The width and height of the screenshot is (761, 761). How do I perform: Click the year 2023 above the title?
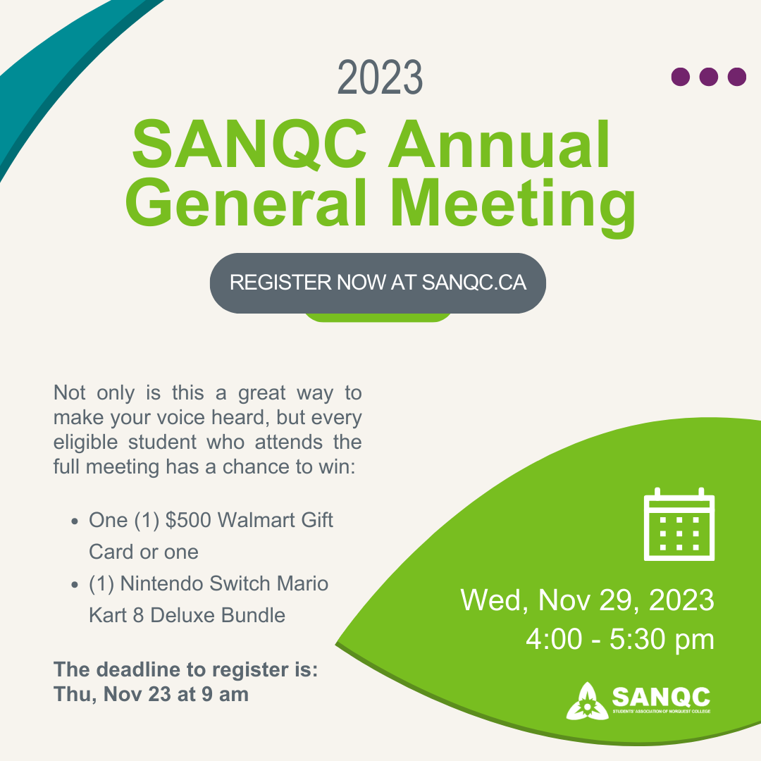pos(380,78)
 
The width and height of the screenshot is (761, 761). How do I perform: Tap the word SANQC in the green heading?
pos(249,144)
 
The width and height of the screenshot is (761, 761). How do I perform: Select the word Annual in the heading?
pos(500,144)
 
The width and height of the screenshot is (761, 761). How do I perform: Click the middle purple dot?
pos(709,77)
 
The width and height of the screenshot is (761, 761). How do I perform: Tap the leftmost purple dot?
pos(681,77)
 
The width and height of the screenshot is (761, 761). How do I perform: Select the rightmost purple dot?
pos(737,77)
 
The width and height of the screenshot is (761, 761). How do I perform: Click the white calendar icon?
pos(679,524)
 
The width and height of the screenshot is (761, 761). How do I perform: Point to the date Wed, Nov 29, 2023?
pos(587,601)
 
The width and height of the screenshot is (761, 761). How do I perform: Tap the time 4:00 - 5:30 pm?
pos(620,640)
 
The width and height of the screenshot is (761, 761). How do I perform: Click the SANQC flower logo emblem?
pos(587,701)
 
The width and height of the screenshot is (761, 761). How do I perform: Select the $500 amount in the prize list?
pos(188,520)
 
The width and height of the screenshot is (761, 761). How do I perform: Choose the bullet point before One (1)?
pos(74,521)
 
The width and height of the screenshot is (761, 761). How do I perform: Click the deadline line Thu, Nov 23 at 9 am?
pos(151,695)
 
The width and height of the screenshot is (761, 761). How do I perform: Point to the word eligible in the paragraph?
pos(85,443)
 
